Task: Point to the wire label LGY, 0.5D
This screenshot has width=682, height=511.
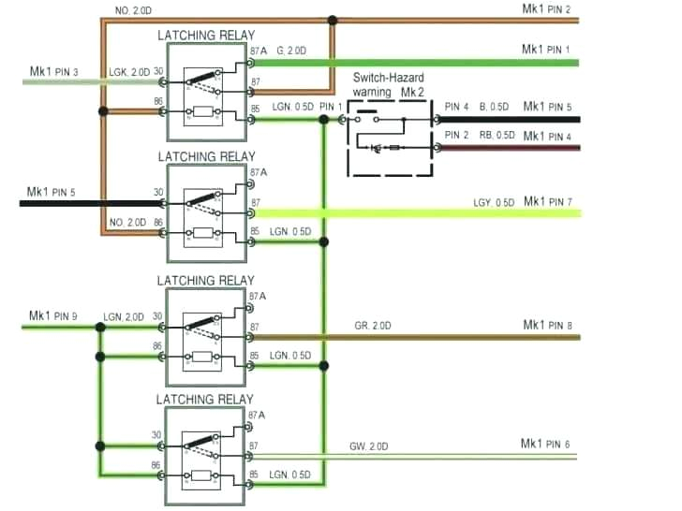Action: click(x=493, y=203)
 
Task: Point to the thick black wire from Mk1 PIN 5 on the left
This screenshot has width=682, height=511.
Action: click(x=84, y=202)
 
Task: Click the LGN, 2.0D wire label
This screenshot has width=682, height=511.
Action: click(x=124, y=317)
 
